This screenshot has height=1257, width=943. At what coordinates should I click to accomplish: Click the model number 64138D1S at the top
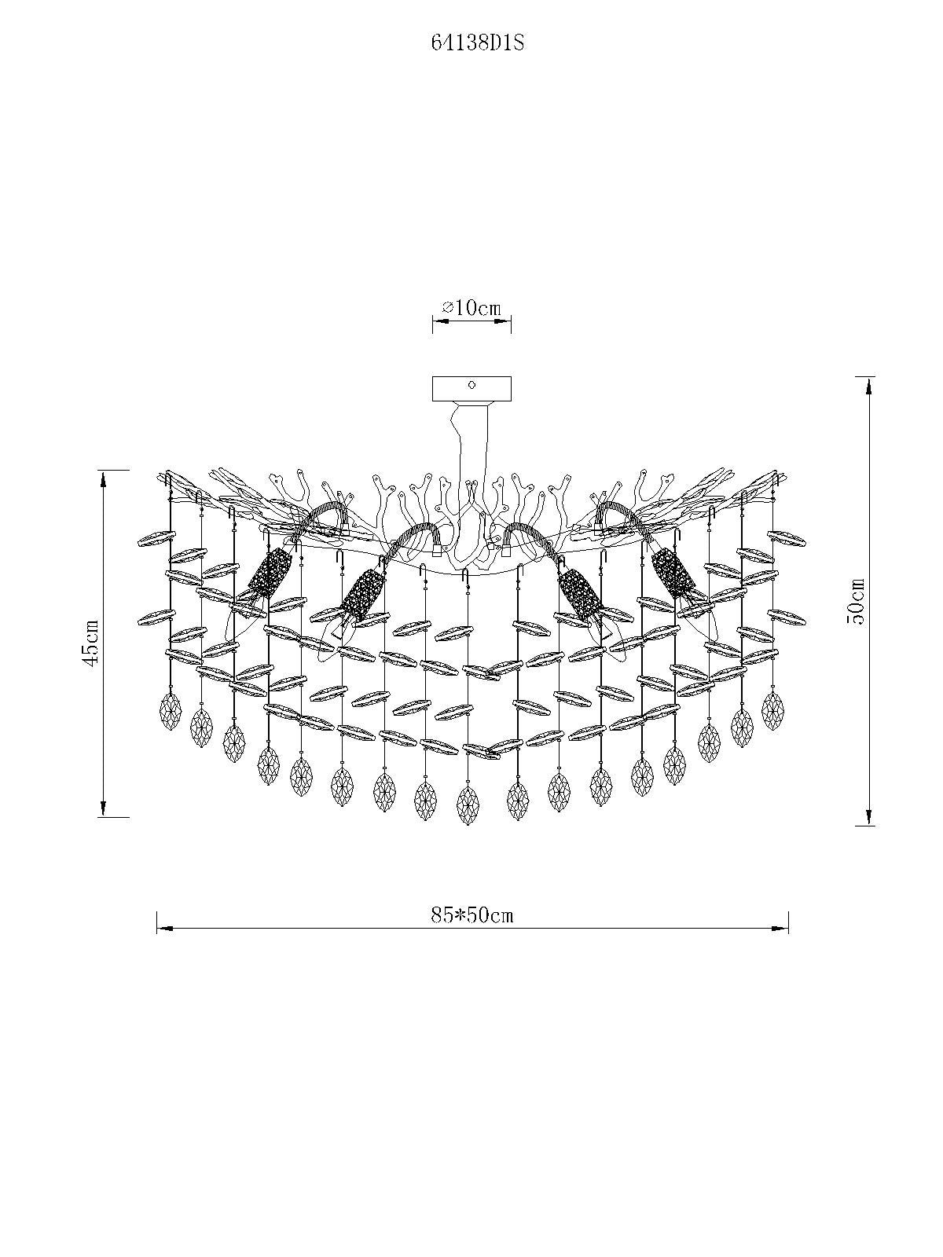[x=478, y=43]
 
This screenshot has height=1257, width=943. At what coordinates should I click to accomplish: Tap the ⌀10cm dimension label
[x=472, y=308]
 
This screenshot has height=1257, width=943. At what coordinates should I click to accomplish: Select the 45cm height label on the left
[x=91, y=643]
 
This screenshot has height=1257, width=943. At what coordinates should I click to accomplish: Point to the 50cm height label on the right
[x=857, y=601]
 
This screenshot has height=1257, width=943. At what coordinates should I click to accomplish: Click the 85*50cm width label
[x=472, y=916]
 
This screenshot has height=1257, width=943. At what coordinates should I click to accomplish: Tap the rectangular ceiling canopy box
[x=472, y=389]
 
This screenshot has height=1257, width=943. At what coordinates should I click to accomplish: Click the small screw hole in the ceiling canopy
[x=472, y=386]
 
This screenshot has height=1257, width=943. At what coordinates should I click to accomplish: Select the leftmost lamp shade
[x=269, y=573]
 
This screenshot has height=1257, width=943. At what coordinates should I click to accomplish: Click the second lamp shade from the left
[x=362, y=595]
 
